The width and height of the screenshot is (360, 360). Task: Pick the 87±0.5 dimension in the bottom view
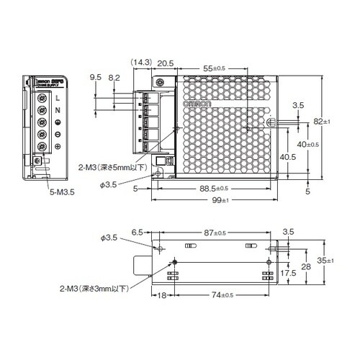pos(215,234)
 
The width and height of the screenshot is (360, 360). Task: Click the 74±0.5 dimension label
pos(215,297)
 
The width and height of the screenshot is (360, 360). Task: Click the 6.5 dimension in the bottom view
pos(138,234)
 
